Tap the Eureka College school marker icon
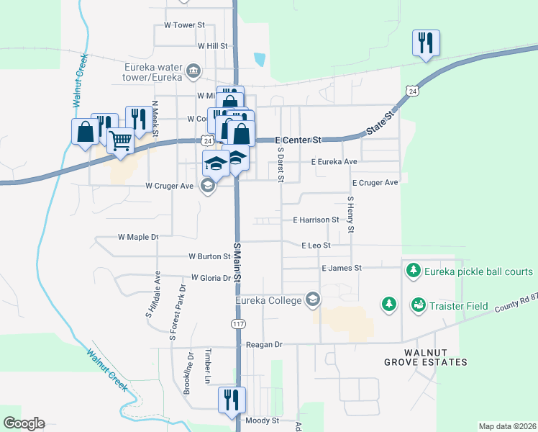coord(312,299)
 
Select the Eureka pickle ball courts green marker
coord(414,271)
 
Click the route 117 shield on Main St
coord(237,324)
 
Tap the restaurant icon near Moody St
coord(232,400)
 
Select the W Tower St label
coord(184,24)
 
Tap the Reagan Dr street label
coord(264,345)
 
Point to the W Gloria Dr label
coord(211,277)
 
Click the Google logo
coord(24,423)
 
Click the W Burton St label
coord(209,256)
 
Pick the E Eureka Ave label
coord(334,162)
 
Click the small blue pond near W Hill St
coord(259,58)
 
